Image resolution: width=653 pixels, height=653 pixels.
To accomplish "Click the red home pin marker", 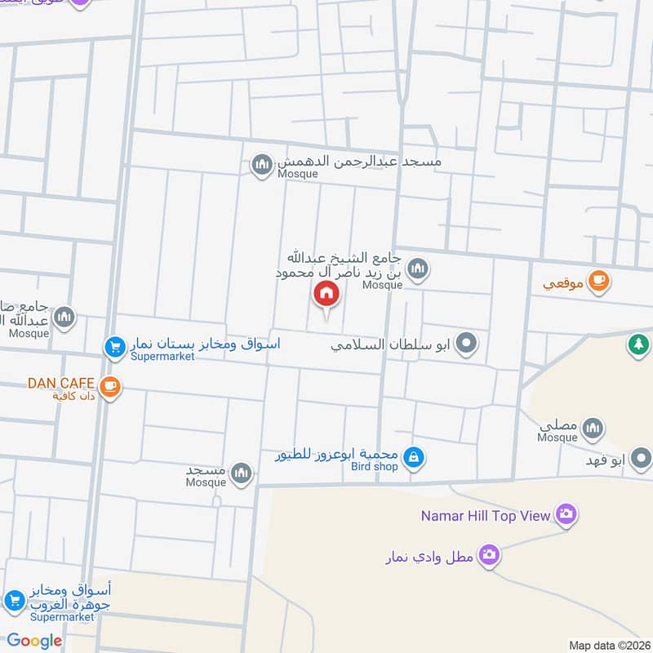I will coord(326,294).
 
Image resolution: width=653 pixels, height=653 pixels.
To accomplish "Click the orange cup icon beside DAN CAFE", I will coord(109,387).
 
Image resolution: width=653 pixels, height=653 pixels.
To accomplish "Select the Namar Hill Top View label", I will coord(486,515).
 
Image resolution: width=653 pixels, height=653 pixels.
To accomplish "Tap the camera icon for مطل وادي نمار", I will coord(489,555).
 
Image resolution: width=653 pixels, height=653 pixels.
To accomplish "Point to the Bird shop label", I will coord(374,466).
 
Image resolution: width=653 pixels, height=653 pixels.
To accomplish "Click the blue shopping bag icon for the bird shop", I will coord(414,457).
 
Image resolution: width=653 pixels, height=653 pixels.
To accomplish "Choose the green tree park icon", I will coord(637,345).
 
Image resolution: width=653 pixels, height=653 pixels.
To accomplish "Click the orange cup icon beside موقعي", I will coord(598,282).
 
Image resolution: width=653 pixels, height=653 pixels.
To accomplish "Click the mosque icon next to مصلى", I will coord(593,428).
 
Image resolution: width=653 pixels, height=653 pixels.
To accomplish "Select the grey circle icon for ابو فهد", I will coord(642,460).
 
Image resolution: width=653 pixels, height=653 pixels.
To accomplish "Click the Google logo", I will coord(34,641).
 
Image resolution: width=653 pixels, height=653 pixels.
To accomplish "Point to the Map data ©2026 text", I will coord(608,645).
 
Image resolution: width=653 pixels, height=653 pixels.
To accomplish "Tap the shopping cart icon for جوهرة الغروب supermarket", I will coord(14,602).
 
